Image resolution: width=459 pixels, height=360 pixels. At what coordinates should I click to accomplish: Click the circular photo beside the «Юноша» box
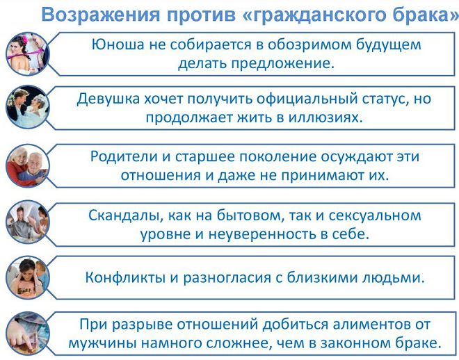pos(27,53)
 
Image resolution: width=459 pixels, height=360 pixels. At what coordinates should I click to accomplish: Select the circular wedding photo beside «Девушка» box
pos(27,108)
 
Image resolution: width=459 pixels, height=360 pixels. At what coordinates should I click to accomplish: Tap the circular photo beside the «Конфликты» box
pos(27,277)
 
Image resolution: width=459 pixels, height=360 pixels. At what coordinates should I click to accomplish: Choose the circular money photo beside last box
pos(27,333)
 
